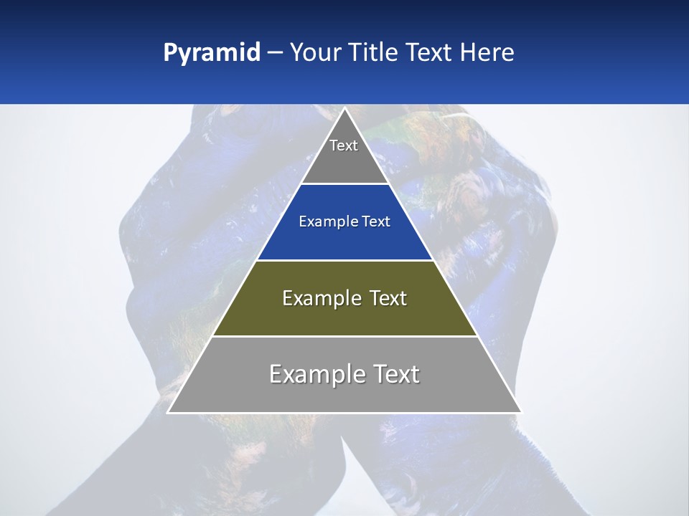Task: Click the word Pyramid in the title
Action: point(211,53)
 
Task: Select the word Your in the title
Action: point(316,52)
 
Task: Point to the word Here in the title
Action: point(487,52)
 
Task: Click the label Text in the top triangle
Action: point(344,145)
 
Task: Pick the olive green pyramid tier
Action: point(344,319)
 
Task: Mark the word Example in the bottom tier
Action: point(314,374)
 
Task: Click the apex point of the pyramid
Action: point(344,109)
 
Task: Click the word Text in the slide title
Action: point(430,52)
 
